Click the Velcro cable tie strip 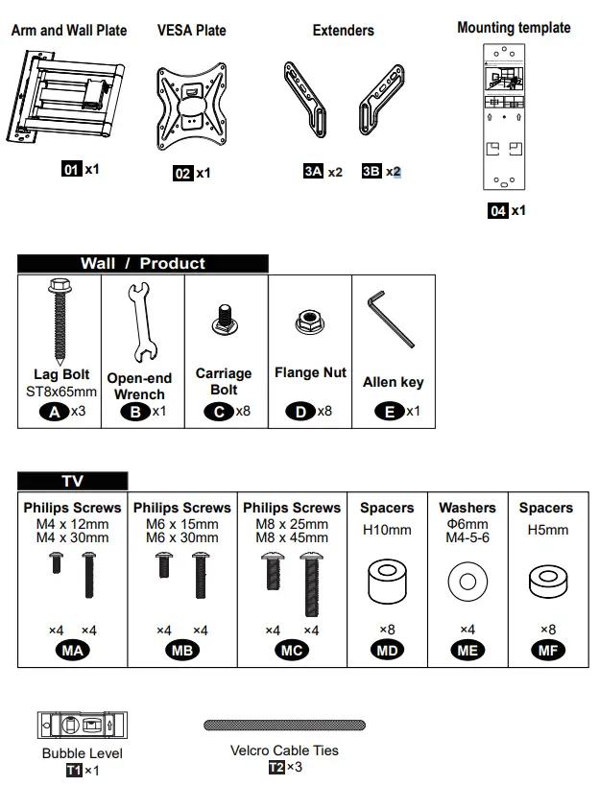point(285,726)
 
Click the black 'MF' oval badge point(545,651)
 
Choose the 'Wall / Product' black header point(143,264)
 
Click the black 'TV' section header point(73,482)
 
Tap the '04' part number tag point(497,210)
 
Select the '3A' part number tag point(313,172)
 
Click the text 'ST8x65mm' point(61,392)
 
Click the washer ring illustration point(467,582)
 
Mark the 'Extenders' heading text point(343,31)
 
